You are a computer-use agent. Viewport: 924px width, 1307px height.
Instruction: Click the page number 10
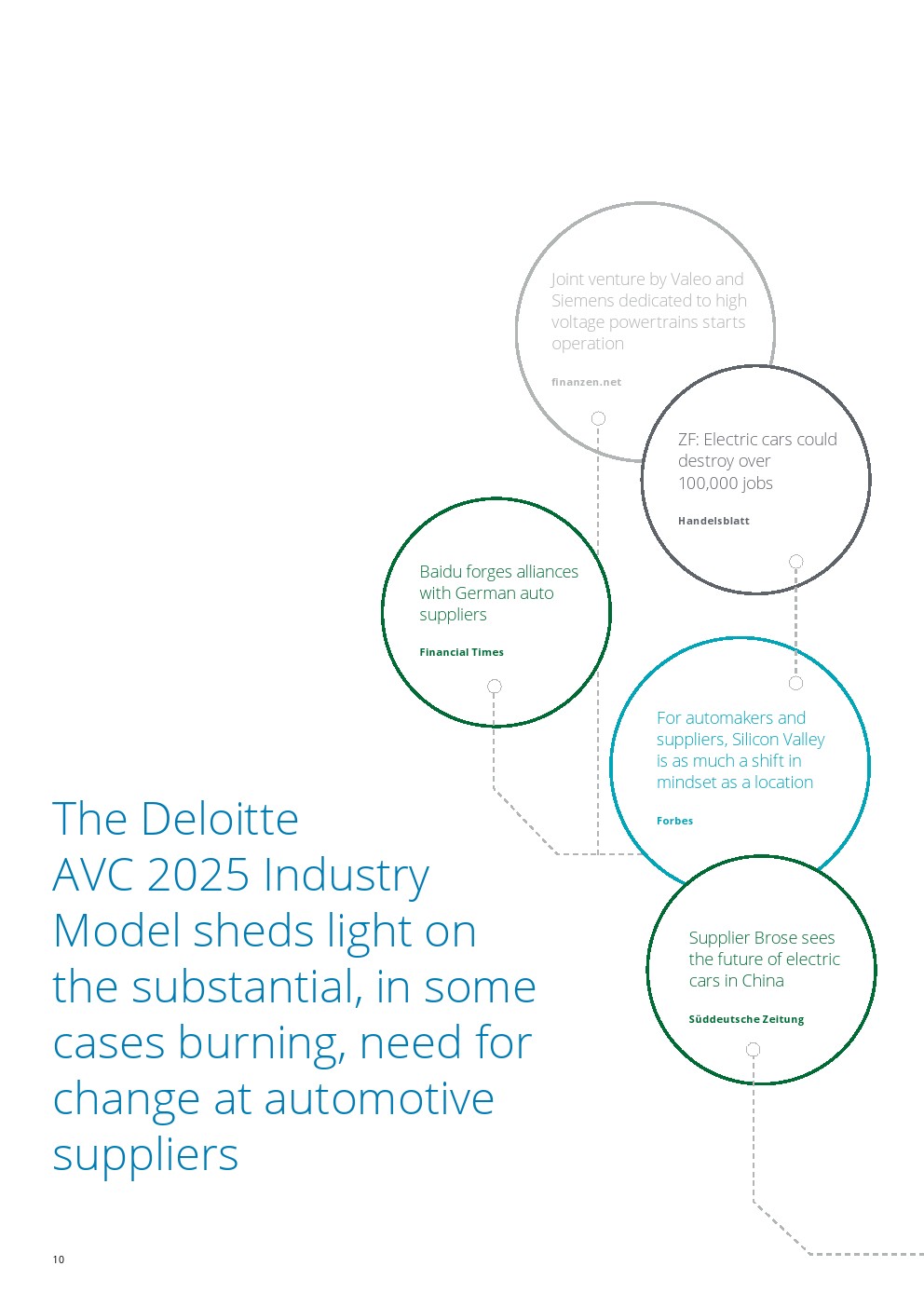point(59,1259)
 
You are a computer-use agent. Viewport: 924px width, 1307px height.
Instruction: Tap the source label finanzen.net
point(586,382)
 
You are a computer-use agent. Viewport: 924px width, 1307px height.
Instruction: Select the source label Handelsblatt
point(713,521)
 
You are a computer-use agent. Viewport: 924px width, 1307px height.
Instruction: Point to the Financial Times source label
point(461,652)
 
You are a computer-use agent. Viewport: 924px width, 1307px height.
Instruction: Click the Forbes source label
point(674,821)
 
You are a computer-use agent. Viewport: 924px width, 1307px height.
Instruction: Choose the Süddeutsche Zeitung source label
point(746,1019)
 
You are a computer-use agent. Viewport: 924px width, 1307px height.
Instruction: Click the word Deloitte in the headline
point(221,820)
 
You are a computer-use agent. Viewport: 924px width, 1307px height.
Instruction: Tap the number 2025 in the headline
point(197,876)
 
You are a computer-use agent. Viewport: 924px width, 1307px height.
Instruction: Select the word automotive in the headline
point(379,1099)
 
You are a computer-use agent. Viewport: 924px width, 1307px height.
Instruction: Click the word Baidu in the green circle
point(440,571)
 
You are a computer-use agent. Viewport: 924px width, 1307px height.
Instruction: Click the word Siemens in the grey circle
point(582,300)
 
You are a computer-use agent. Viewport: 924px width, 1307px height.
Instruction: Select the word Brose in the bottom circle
point(762,937)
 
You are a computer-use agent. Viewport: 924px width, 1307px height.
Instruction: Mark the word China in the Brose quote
point(763,980)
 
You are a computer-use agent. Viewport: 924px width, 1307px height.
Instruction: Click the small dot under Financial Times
point(495,687)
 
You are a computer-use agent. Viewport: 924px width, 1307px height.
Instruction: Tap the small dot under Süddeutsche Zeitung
point(754,1050)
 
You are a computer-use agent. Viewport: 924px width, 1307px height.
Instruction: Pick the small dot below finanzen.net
point(599,418)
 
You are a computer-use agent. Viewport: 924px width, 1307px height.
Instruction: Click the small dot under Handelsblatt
point(795,562)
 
